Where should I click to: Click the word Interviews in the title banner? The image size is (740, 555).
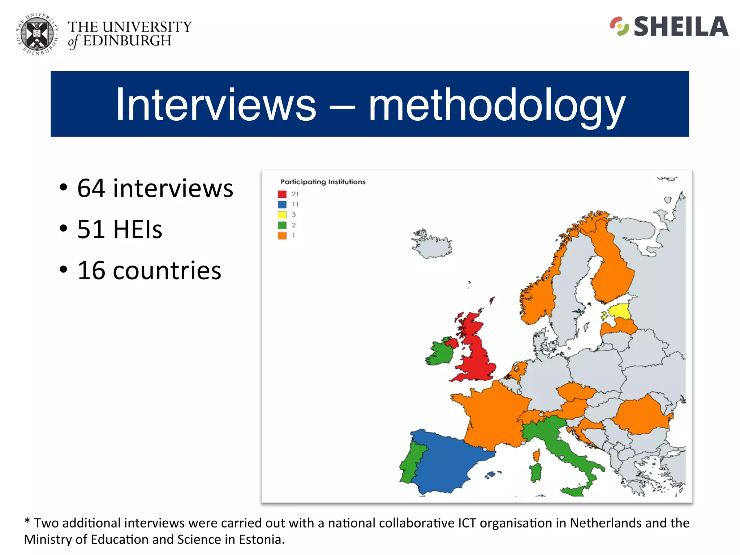point(216,104)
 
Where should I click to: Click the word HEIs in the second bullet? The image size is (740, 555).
point(138,229)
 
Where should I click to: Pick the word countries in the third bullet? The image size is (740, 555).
point(167,271)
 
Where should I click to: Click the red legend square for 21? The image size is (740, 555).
point(282,194)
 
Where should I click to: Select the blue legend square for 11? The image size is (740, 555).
point(282,205)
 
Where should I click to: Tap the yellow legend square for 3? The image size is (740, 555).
point(282,215)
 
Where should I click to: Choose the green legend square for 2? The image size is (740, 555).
point(282,225)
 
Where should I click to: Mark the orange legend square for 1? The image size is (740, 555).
point(282,236)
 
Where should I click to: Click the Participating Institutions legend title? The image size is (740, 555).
point(323,182)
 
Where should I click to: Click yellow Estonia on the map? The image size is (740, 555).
point(620,311)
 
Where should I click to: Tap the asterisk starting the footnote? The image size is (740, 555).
point(27,522)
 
